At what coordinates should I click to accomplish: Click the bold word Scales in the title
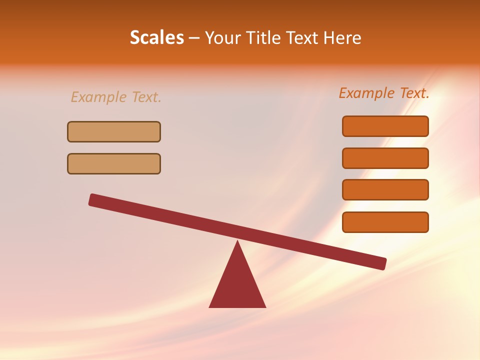click(156, 37)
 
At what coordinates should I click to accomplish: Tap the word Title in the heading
click(262, 37)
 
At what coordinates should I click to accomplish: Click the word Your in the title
click(223, 37)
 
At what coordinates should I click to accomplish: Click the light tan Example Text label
click(116, 97)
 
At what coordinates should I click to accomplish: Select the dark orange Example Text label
click(384, 93)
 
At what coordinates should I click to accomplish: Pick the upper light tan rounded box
click(114, 131)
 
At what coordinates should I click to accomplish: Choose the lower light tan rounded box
click(114, 163)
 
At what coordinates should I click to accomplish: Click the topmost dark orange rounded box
click(385, 126)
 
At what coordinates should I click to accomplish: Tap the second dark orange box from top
click(385, 158)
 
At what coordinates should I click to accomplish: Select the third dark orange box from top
click(385, 189)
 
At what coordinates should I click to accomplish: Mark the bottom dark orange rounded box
click(385, 222)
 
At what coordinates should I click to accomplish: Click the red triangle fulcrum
click(237, 285)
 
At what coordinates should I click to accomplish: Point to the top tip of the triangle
click(237, 242)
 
